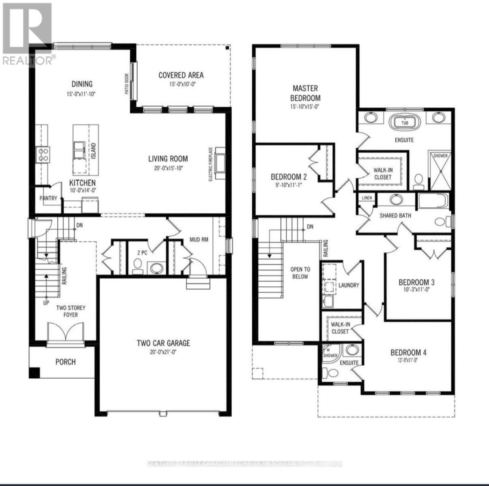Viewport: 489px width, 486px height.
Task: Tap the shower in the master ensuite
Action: (x=440, y=171)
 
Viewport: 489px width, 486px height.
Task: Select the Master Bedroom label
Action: (x=305, y=93)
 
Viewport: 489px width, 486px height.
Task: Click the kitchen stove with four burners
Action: (x=43, y=154)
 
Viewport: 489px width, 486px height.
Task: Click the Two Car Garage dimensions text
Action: (x=163, y=352)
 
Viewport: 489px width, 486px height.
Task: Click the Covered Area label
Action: (x=181, y=75)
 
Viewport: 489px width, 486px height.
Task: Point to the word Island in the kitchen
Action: (x=93, y=151)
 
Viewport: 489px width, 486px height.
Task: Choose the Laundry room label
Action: (x=349, y=285)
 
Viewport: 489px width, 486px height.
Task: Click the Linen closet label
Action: (x=366, y=198)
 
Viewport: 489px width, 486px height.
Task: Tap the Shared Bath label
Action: (x=395, y=215)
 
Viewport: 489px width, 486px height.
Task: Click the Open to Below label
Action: (x=300, y=273)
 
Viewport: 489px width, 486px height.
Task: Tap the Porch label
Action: (x=66, y=362)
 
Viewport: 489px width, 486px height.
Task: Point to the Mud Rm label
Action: (x=199, y=239)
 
